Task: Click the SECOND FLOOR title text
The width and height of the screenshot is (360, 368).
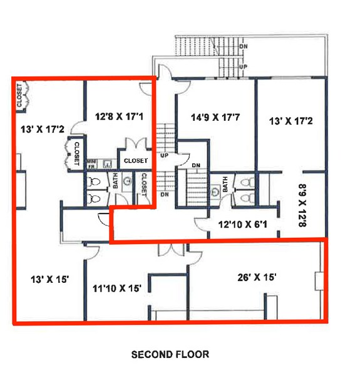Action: [170, 354]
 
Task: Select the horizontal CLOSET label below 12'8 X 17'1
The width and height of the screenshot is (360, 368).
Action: [136, 161]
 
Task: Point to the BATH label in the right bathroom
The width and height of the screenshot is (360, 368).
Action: [225, 185]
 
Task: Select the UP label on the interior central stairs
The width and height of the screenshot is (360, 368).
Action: [165, 155]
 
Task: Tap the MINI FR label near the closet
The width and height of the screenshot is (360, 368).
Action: [91, 164]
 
